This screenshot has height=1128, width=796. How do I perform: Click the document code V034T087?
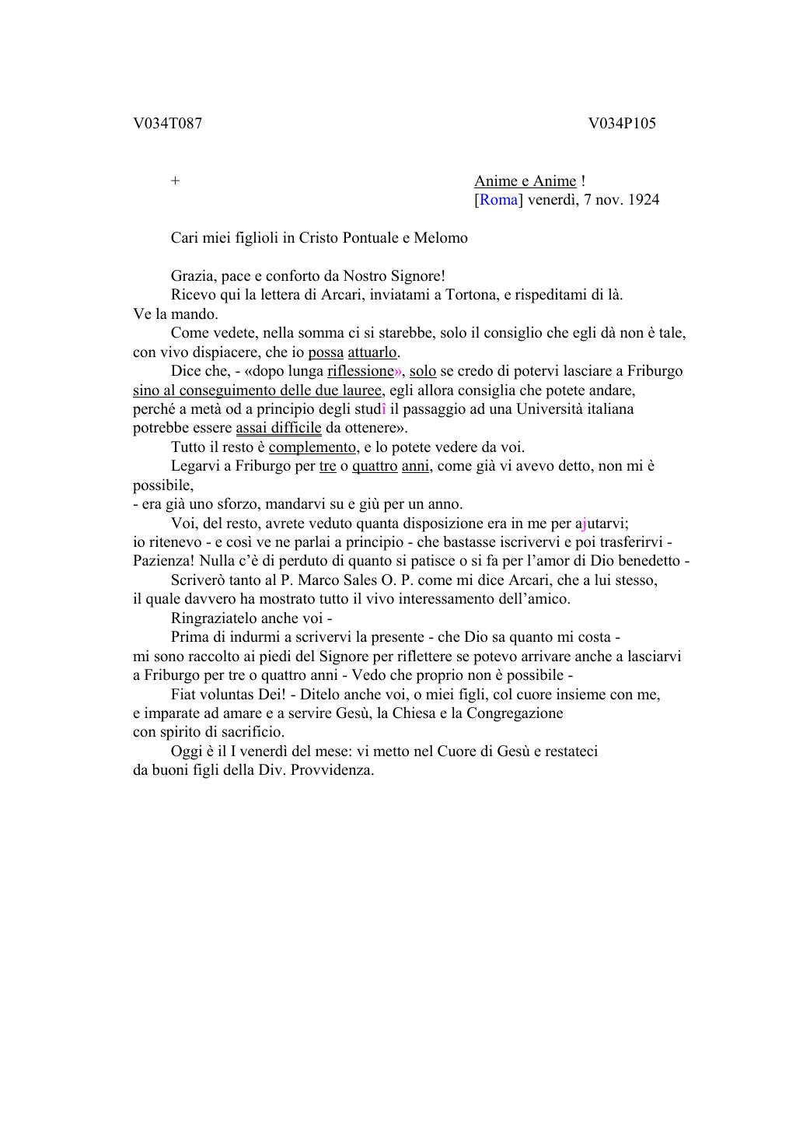(167, 124)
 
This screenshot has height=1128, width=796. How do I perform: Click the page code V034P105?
(622, 124)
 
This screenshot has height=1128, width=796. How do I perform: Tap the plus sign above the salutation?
(176, 181)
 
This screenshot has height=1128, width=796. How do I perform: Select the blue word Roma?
(498, 200)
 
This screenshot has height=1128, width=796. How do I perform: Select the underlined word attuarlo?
(372, 352)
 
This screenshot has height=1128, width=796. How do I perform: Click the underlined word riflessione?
(361, 371)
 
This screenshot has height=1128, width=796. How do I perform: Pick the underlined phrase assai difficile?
(278, 428)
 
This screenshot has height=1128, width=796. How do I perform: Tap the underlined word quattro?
(375, 466)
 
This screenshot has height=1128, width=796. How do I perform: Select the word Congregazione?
(515, 713)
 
